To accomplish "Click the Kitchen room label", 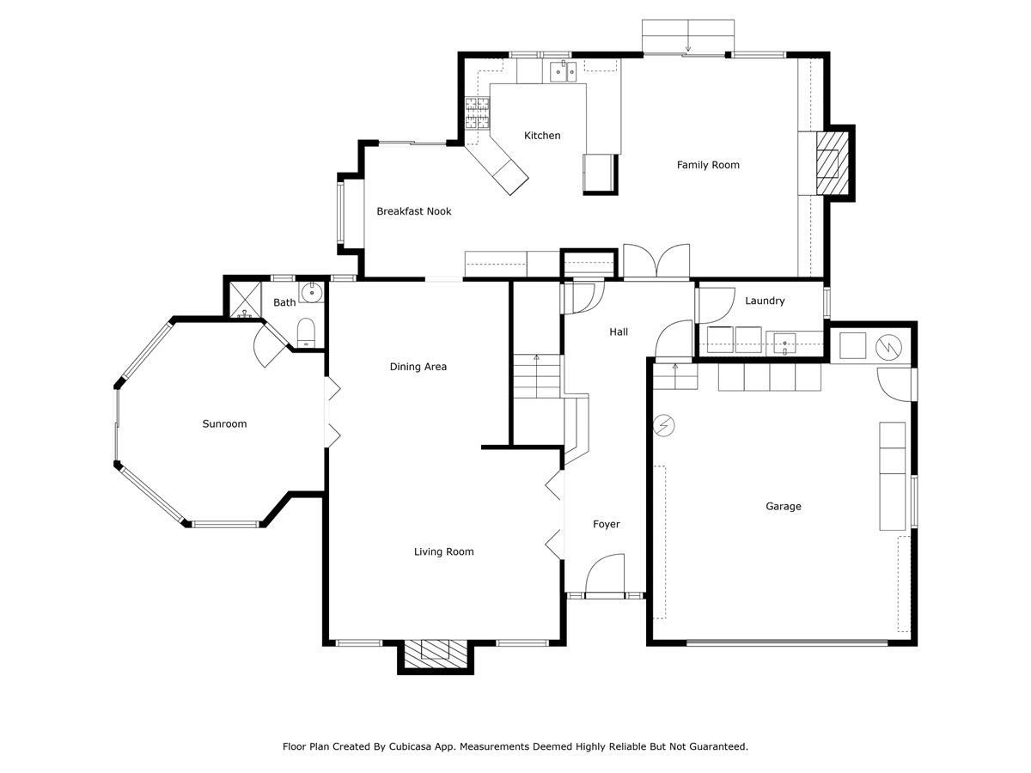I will click(542, 136).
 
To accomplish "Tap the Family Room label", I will click(708, 165).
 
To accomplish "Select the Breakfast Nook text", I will click(413, 211).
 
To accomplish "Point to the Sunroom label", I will click(224, 423).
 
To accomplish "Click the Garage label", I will click(783, 507).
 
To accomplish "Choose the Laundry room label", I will click(765, 301).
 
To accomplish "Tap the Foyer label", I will click(606, 524).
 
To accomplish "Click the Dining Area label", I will click(418, 367).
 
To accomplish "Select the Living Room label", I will click(443, 552).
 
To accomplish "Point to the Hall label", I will click(619, 332).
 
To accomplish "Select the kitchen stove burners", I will click(476, 113).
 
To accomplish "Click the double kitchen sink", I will click(563, 70).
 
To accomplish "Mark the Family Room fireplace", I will click(830, 162).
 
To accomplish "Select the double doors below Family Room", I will click(656, 262).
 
